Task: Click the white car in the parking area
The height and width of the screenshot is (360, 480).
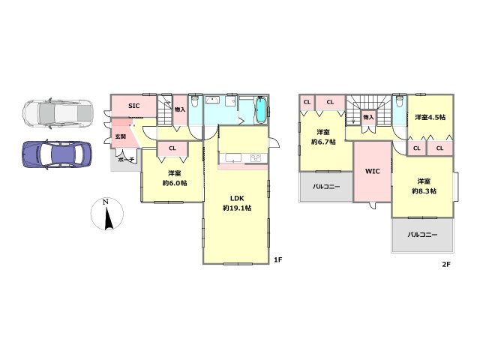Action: [58, 113]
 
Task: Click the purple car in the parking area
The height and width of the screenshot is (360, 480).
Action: [57, 154]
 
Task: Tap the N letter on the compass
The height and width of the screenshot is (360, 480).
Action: [106, 202]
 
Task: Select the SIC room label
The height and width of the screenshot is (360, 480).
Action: [133, 106]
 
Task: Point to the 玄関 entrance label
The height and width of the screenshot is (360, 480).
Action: [120, 136]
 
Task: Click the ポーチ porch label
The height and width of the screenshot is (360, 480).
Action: [126, 160]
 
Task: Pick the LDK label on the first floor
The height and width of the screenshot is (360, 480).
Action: [237, 198]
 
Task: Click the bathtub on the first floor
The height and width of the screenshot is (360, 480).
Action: [261, 110]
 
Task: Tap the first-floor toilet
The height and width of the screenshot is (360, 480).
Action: [195, 100]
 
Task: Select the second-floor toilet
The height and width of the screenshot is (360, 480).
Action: [399, 100]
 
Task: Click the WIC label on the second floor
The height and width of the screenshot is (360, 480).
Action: [373, 172]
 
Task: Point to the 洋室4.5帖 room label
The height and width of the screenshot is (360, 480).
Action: [430, 117]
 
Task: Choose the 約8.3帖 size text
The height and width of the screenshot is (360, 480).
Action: [424, 191]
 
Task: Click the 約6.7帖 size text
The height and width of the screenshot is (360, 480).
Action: [323, 142]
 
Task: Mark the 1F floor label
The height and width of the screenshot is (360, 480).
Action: [277, 260]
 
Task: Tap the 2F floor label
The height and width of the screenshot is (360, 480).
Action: [446, 264]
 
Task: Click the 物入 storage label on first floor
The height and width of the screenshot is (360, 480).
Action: [180, 109]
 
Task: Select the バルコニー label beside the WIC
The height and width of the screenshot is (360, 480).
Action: [326, 187]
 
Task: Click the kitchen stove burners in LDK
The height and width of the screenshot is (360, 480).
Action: [256, 158]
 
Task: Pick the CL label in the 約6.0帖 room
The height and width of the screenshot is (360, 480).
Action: [172, 148]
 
